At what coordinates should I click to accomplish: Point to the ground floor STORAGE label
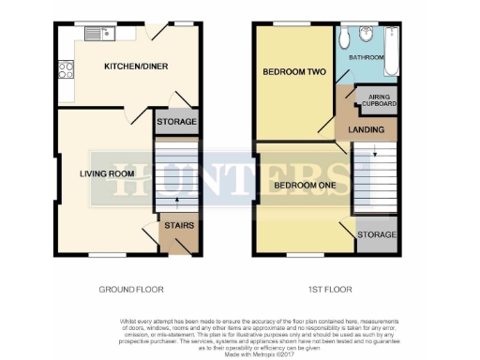point(176,122)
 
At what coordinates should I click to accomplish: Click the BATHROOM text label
point(367,57)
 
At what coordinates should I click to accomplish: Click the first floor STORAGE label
point(376,234)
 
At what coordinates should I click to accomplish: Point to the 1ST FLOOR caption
point(324,289)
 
